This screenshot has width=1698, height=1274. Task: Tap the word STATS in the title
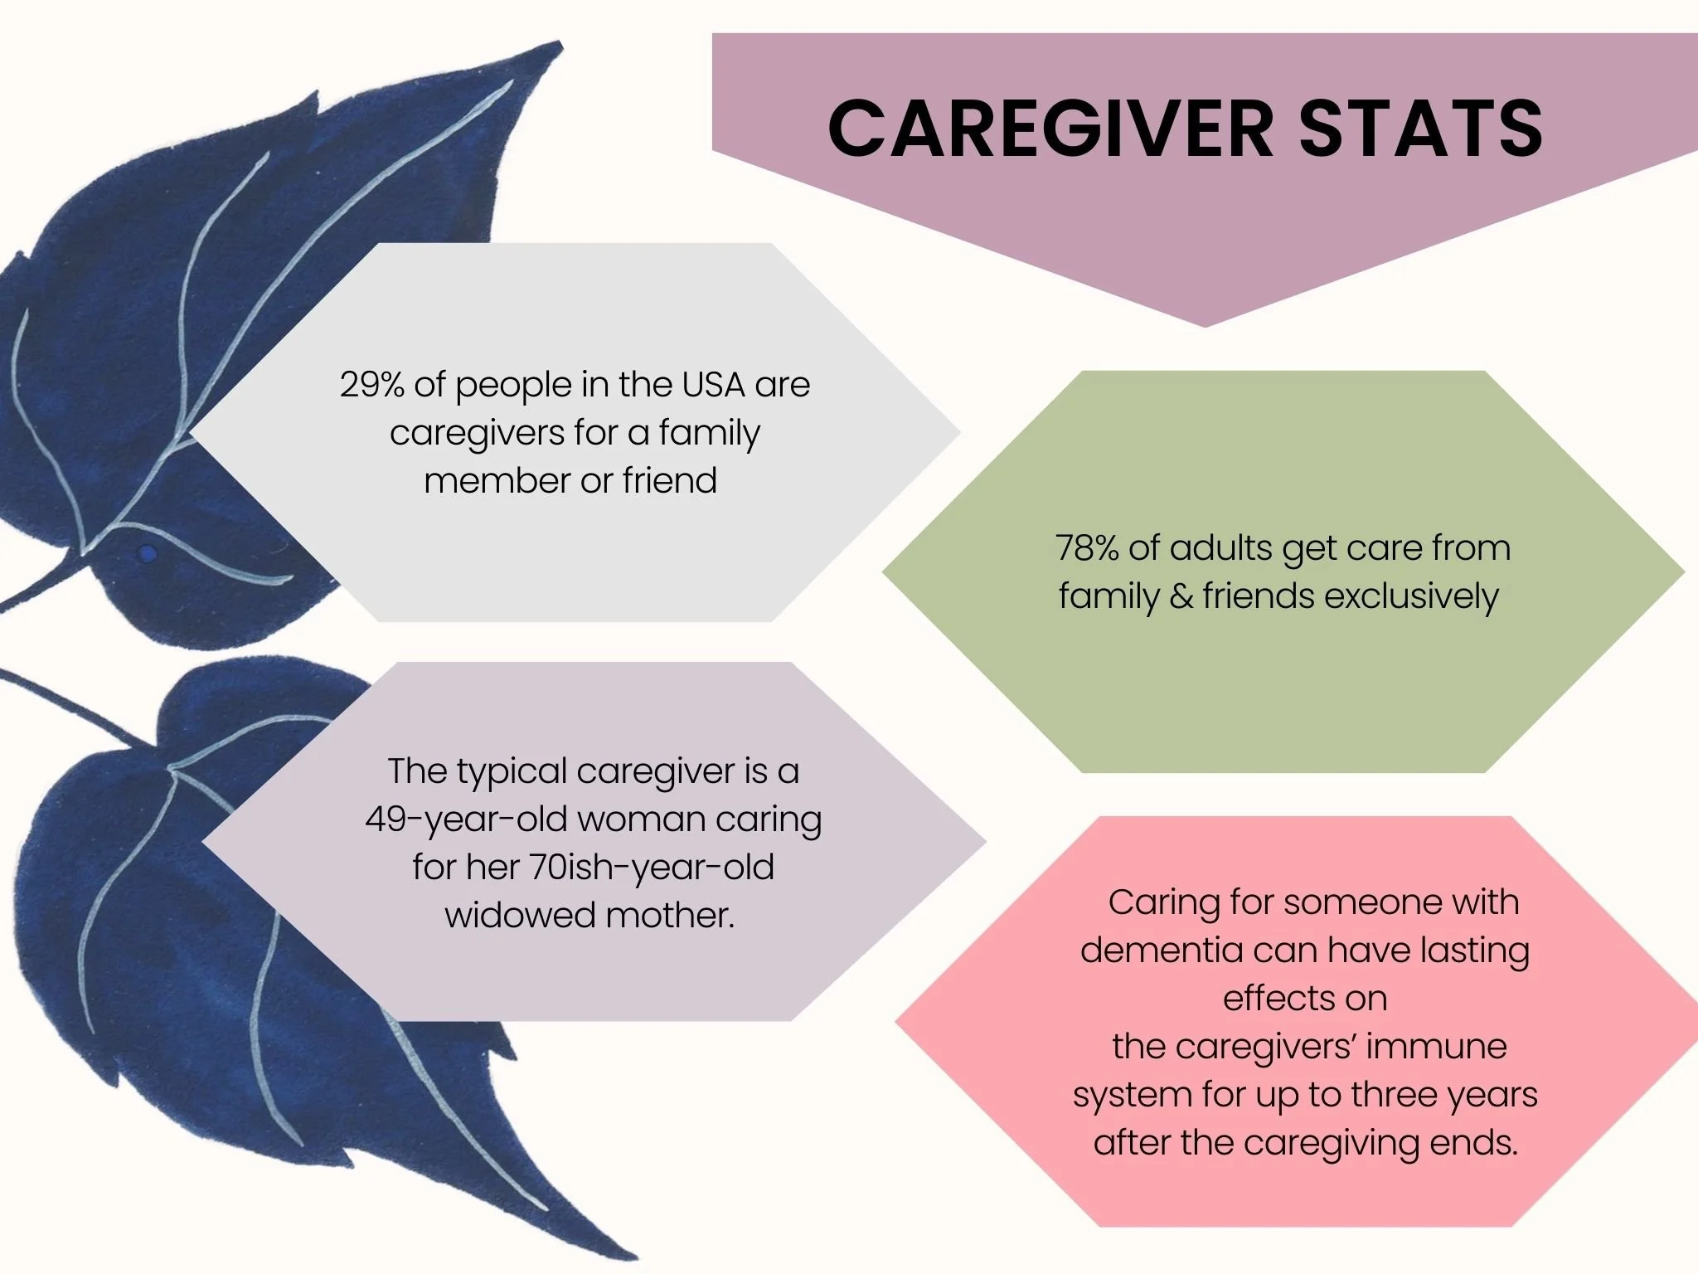click(1419, 129)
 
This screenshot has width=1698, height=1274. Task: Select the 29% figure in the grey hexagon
click(371, 385)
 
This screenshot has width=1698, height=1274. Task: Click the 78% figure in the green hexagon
click(1086, 548)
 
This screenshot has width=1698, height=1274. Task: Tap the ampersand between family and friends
click(1181, 596)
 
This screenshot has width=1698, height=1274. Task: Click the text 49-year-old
click(464, 820)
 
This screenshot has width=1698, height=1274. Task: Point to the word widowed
click(519, 916)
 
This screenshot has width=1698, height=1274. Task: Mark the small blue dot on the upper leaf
click(147, 553)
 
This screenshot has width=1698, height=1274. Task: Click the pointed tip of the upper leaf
click(559, 45)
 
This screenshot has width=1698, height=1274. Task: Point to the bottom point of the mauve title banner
click(1205, 325)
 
